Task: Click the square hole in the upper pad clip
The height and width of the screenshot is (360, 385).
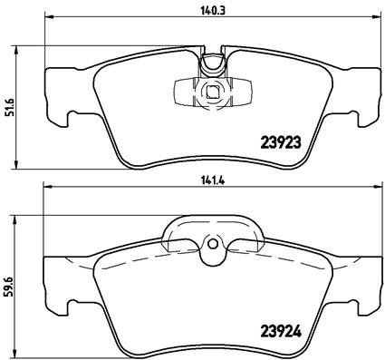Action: click(211, 91)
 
